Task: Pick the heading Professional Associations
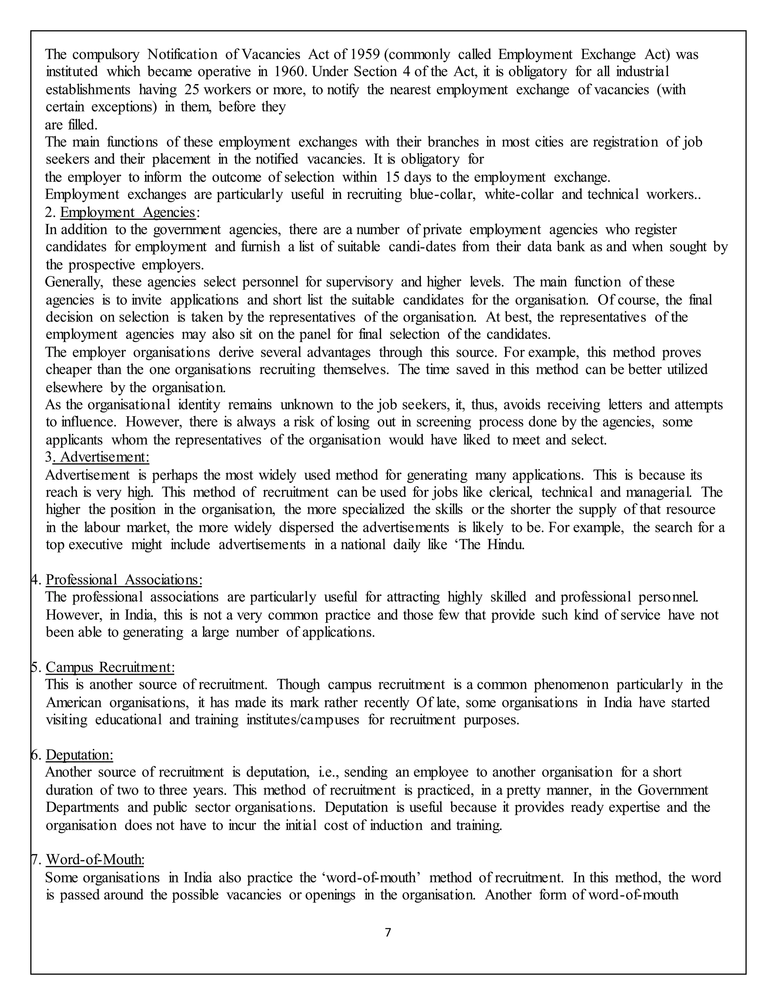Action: click(x=124, y=580)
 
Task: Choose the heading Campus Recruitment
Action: click(x=110, y=667)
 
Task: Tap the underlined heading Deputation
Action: click(x=80, y=755)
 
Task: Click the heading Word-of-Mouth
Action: click(x=95, y=860)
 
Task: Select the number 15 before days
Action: click(x=393, y=177)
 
